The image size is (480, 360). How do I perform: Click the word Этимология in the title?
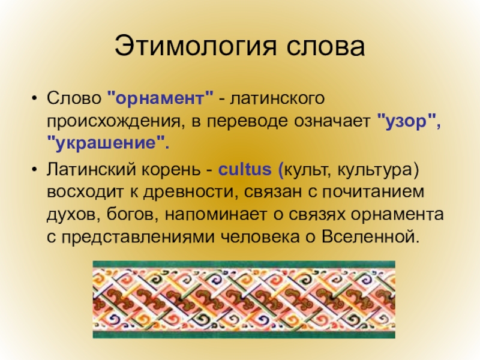coord(196,46)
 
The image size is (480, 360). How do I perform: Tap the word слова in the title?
coord(325,47)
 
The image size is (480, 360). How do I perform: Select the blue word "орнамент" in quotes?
coord(160,98)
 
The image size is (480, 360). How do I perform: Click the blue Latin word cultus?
coord(245,169)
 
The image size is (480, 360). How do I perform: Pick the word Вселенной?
coord(367,236)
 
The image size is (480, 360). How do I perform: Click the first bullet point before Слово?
coord(35,99)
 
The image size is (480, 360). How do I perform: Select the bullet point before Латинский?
coord(35,170)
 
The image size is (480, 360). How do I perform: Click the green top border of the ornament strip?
coord(244,264)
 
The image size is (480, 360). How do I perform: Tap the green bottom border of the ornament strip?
coord(244,334)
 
